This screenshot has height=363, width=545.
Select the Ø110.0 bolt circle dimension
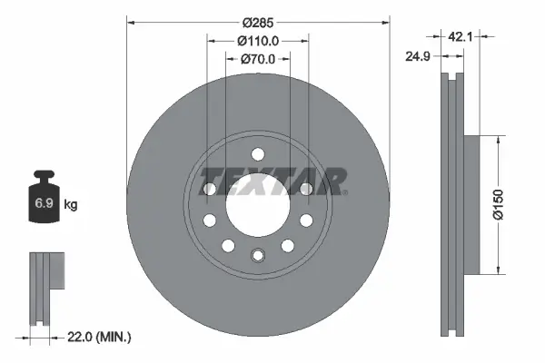[x=257, y=40]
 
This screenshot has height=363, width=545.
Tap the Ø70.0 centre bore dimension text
[x=257, y=59]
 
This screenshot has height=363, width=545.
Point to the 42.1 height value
[x=461, y=36]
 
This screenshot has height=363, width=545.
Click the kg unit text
[x=71, y=205]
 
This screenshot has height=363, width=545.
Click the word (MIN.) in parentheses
[x=114, y=338]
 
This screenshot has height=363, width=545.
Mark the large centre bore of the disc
[x=257, y=200]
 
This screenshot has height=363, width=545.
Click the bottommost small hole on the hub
[x=257, y=255]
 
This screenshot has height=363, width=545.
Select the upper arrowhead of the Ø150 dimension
[x=498, y=139]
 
